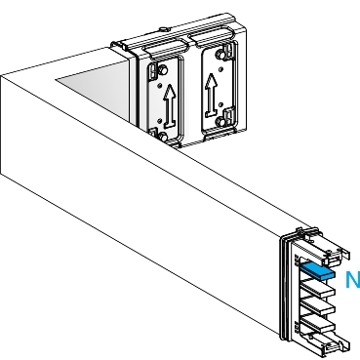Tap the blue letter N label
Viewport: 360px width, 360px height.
(x=352, y=281)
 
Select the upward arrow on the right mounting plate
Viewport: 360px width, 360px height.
(x=211, y=96)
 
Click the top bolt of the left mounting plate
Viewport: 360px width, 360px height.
(x=154, y=70)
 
